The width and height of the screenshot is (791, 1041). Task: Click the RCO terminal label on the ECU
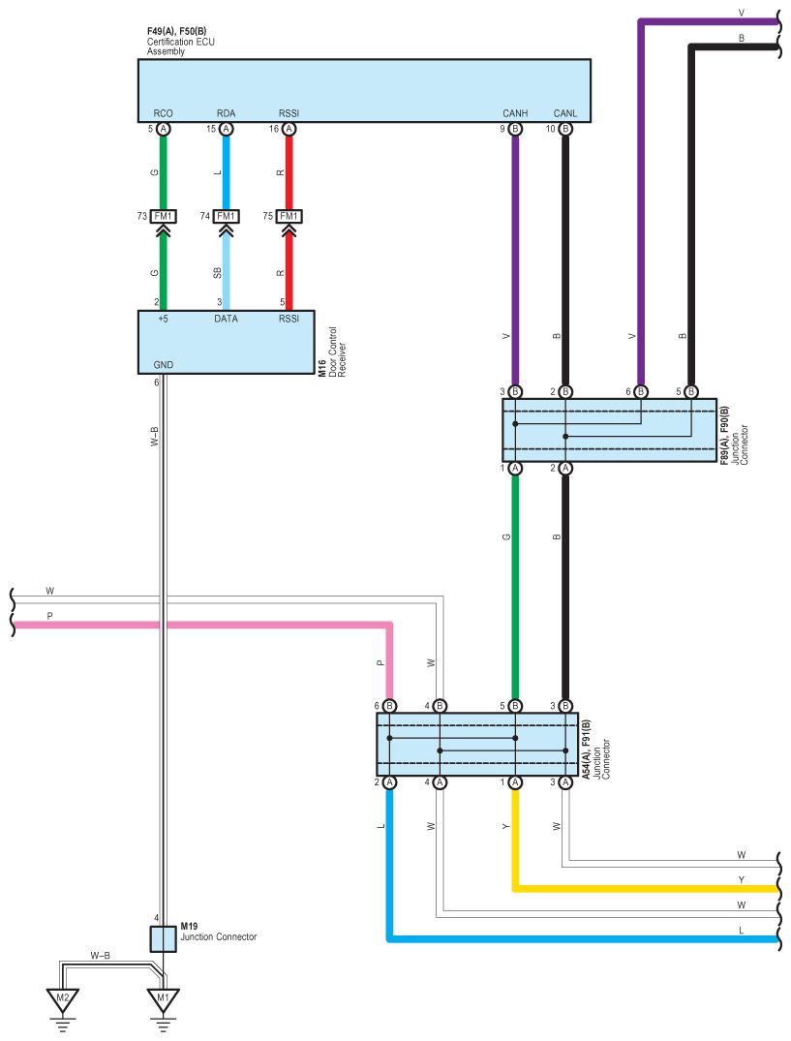point(163,113)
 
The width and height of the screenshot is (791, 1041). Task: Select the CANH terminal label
point(515,113)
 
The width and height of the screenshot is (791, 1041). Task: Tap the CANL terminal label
point(565,113)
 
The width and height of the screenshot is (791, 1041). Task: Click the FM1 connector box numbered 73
point(163,217)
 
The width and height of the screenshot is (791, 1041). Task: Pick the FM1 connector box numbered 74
point(226,217)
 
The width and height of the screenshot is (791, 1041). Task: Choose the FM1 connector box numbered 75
point(289,217)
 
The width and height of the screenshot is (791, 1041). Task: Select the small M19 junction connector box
point(164,938)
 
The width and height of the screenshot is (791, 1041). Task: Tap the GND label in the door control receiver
point(164,365)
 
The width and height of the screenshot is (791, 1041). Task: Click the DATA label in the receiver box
point(226,319)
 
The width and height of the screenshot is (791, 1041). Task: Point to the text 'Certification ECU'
point(180,42)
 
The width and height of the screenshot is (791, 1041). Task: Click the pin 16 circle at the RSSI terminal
point(289,129)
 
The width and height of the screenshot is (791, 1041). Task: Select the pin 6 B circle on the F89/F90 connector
point(641,391)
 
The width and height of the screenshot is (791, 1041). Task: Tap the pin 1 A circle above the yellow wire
point(515,782)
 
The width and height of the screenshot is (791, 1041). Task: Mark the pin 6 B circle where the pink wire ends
point(389,706)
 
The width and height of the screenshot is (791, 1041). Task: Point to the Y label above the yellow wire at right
point(742,879)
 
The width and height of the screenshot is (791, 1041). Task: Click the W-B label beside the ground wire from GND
point(155,436)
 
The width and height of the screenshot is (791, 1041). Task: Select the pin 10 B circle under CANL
point(565,129)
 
